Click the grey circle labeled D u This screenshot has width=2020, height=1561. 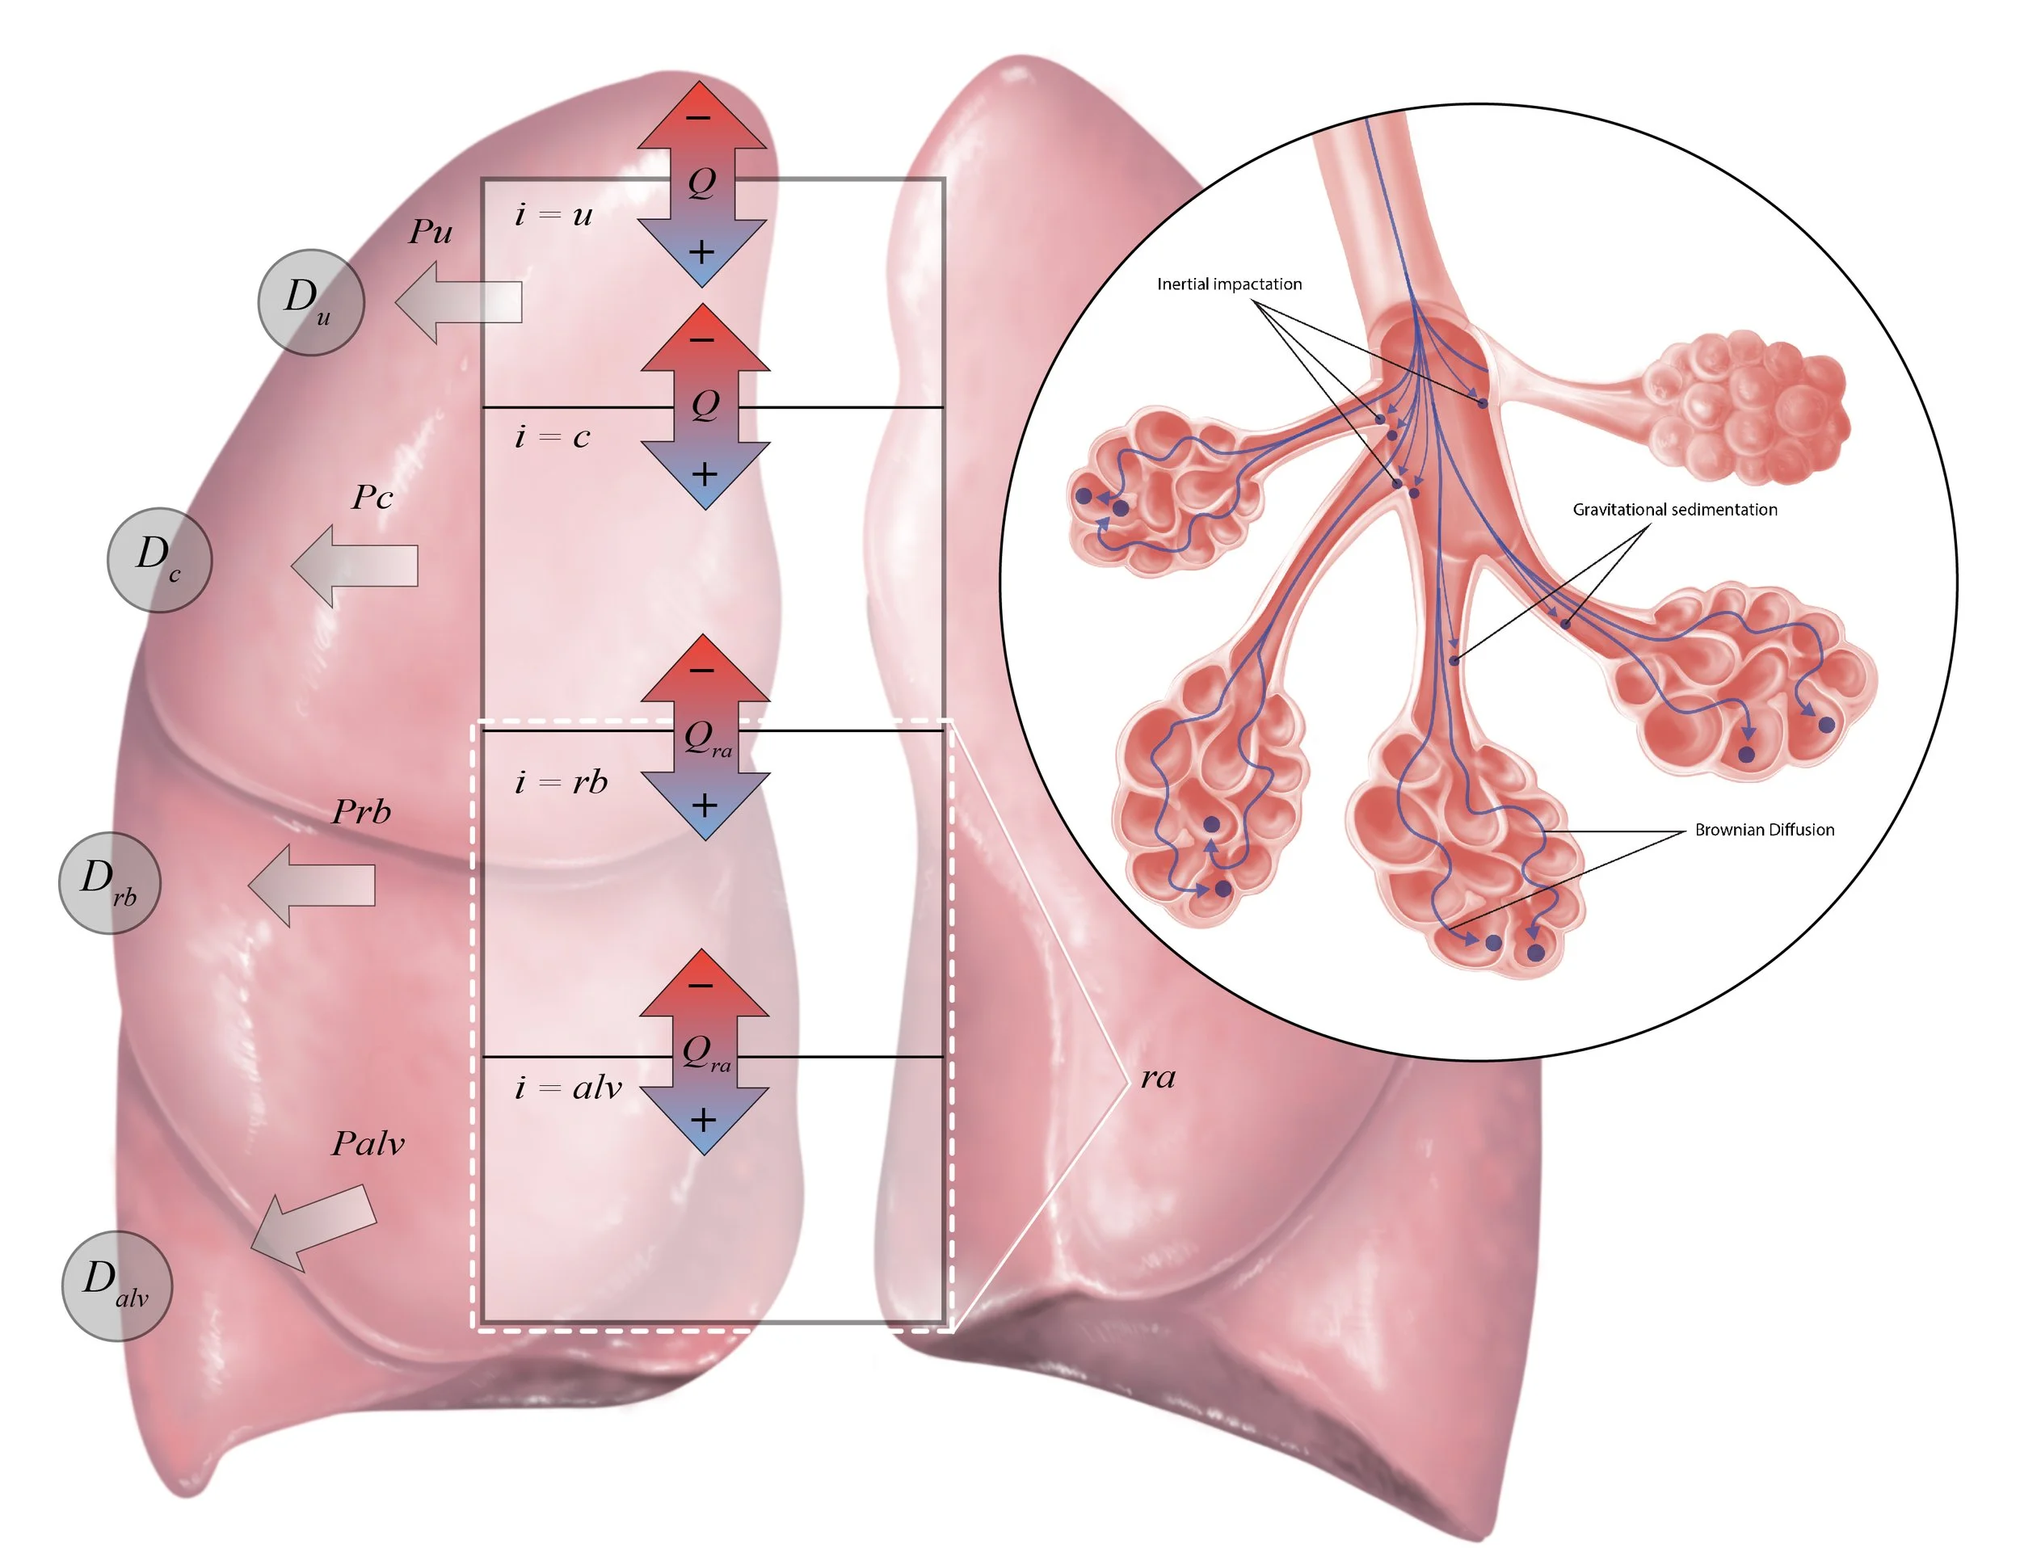pos(311,301)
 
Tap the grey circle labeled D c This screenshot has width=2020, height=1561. pos(160,559)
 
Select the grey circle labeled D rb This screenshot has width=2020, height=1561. pos(109,882)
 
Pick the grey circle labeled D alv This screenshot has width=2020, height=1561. pos(116,1285)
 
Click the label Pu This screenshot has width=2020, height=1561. pos(431,232)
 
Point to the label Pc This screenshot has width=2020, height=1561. pos(372,499)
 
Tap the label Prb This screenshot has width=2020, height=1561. pos(362,812)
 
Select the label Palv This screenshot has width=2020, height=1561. pos(368,1144)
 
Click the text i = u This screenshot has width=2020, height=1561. pos(553,216)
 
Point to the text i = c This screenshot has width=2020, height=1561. pos(552,436)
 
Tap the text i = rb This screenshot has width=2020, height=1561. pos(562,782)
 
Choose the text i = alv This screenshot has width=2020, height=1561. pos(568,1088)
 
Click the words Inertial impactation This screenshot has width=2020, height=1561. pos(1229,284)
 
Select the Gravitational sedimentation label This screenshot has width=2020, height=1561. pos(1674,510)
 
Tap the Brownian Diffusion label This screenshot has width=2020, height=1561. pos(1764,830)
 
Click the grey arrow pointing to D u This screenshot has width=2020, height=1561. pos(459,302)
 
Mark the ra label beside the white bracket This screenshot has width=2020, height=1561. pos(1157,1077)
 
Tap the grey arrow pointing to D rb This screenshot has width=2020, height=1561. pos(313,885)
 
